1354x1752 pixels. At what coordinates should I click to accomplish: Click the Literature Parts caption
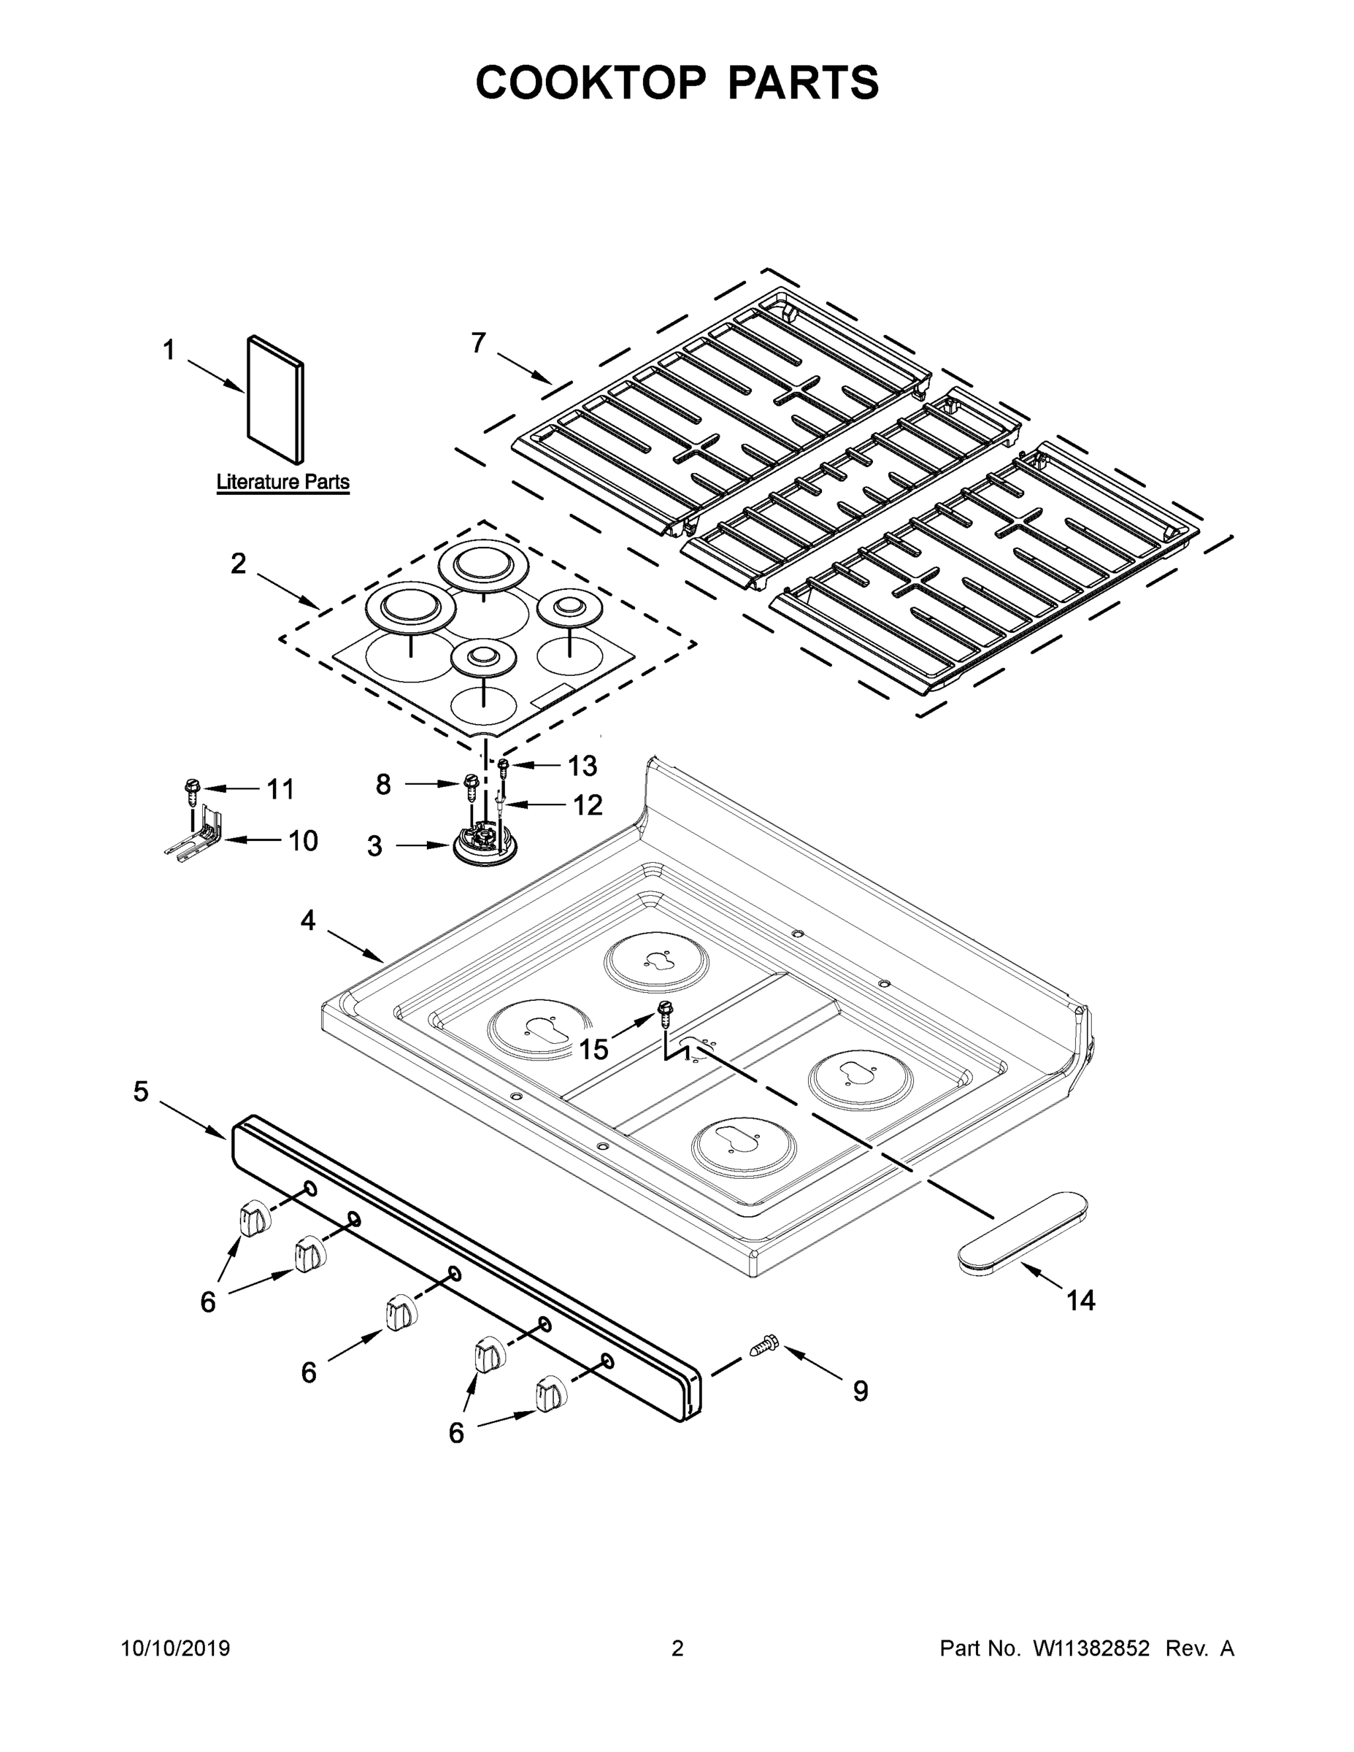pos(282,482)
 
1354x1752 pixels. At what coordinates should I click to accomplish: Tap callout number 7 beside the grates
pos(478,343)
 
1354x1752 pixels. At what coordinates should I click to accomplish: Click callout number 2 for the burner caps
pos(238,564)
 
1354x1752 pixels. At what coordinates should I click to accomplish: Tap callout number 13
pos(582,766)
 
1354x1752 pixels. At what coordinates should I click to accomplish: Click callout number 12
pos(587,804)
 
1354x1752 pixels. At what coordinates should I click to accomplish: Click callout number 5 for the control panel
pos(141,1092)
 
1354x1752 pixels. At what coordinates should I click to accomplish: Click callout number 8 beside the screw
pos(383,784)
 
